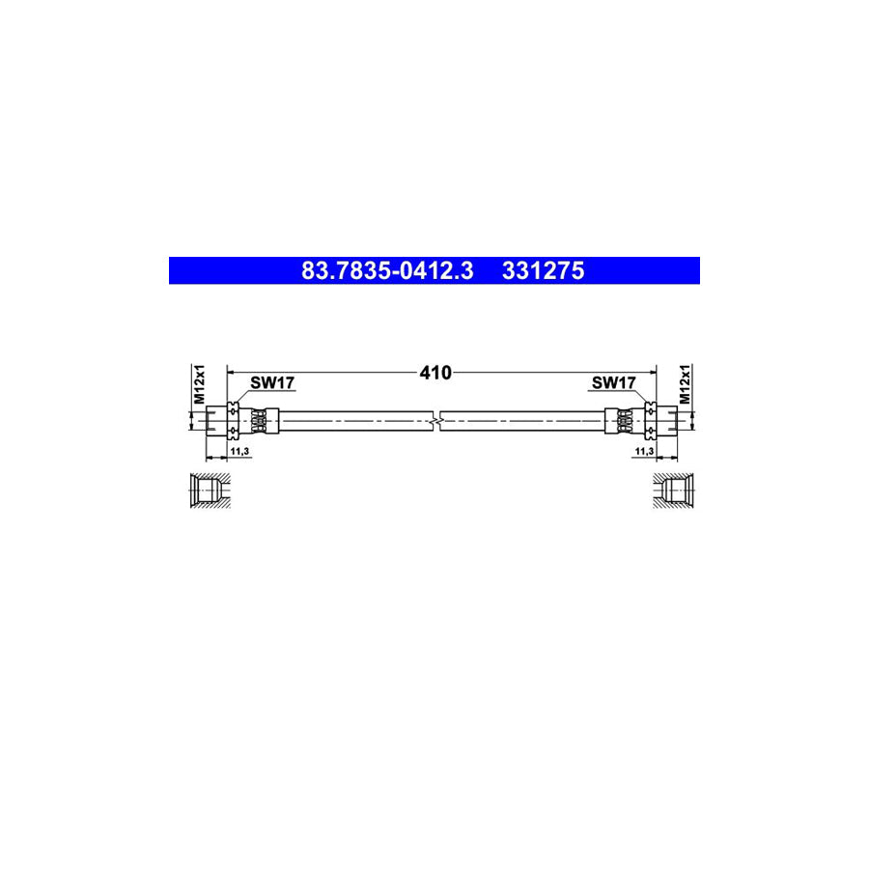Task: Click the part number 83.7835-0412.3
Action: click(x=386, y=271)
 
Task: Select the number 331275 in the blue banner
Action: click(x=543, y=271)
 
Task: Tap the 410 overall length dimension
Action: click(x=435, y=372)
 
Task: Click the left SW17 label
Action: click(x=272, y=383)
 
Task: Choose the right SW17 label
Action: click(x=613, y=383)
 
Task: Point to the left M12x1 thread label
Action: click(x=200, y=384)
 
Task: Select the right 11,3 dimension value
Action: click(x=643, y=451)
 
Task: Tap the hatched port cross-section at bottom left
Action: click(x=207, y=490)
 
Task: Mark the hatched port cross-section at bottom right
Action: click(x=673, y=490)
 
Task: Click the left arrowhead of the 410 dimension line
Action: click(x=230, y=371)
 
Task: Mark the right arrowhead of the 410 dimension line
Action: click(x=653, y=371)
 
